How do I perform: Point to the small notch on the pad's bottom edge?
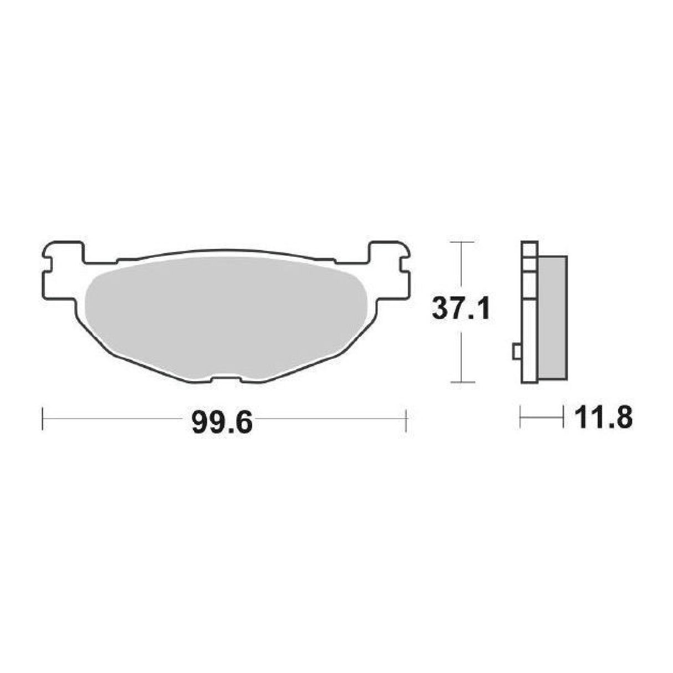coord(226,380)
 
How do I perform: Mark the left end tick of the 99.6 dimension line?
coord(42,419)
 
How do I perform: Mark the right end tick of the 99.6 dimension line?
coord(407,419)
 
